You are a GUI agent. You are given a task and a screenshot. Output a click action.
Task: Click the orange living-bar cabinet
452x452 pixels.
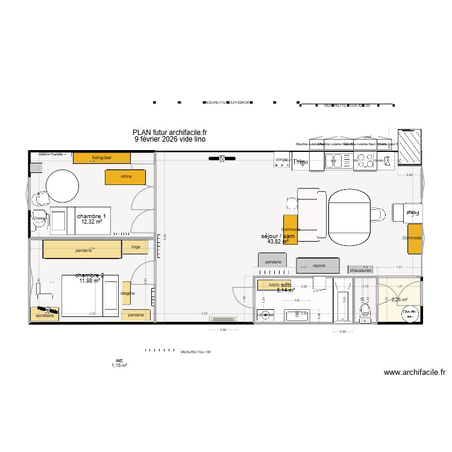pos(101,158)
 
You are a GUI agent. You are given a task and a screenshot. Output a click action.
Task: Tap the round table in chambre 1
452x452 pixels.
pos(59,186)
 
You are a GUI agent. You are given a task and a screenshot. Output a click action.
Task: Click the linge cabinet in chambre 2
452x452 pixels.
pos(135,248)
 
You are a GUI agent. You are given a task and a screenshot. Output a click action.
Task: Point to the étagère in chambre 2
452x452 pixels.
pos(127,293)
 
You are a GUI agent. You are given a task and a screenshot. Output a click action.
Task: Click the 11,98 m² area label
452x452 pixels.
pos(89,280)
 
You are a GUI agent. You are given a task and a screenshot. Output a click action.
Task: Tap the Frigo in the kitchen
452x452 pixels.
pos(300,162)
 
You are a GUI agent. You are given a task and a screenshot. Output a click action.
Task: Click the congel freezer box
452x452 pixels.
pos(282,160)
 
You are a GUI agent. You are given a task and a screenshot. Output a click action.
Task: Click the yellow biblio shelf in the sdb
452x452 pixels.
pos(274,285)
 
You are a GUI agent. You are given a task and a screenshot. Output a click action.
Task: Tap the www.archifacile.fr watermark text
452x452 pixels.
pos(415,372)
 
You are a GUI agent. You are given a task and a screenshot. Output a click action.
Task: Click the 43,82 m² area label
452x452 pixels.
pos(278,242)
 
